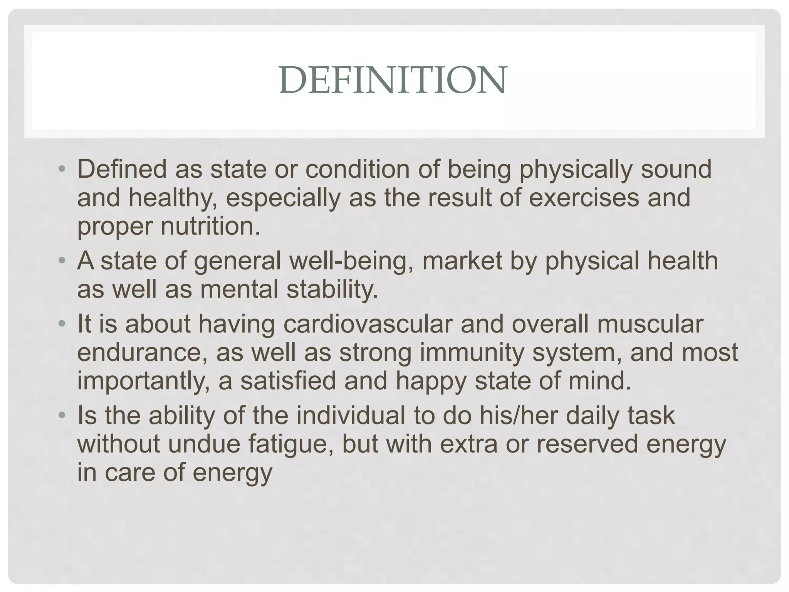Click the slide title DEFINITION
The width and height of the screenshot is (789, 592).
click(393, 80)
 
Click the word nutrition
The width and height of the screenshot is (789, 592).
click(210, 226)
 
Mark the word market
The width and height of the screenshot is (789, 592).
click(462, 261)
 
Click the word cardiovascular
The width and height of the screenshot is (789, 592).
click(368, 324)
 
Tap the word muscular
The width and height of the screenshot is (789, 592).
click(650, 324)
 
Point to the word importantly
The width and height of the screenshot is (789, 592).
click(144, 381)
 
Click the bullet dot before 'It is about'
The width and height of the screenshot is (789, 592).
click(62, 324)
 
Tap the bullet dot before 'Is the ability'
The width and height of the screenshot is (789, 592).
click(62, 415)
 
